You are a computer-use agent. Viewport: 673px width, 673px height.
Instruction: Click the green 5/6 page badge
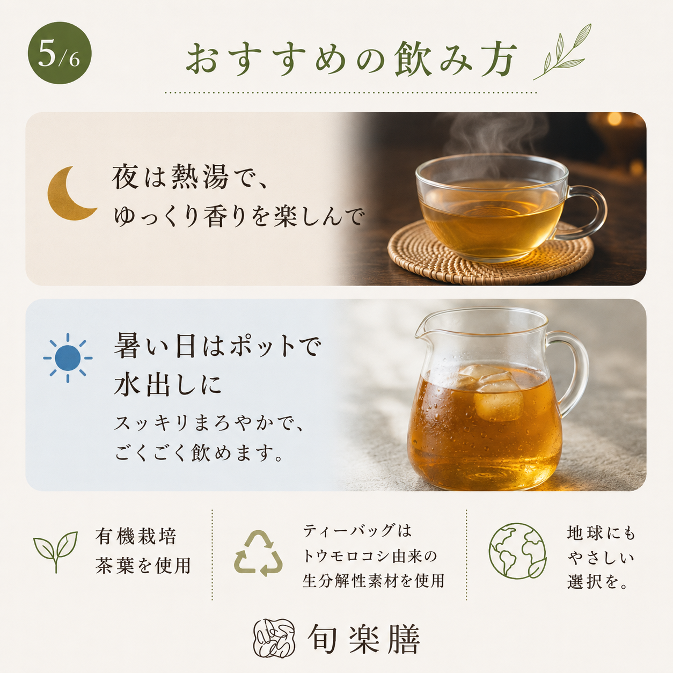(x=60, y=53)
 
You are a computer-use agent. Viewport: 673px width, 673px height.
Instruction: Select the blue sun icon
(x=68, y=357)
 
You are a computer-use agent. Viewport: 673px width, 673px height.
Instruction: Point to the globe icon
(x=517, y=551)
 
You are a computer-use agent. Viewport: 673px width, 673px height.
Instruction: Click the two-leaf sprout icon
(x=55, y=551)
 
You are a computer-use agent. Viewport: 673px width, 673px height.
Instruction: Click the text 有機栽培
(x=136, y=536)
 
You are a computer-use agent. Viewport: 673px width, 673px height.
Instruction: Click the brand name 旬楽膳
(x=363, y=639)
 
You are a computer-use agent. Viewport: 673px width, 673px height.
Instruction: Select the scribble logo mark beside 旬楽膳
(x=274, y=639)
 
